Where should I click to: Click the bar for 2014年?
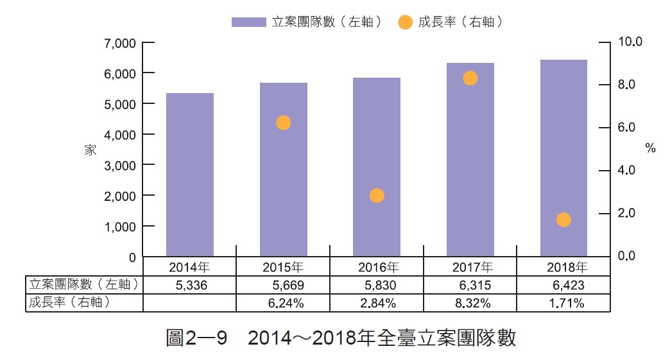click(x=190, y=175)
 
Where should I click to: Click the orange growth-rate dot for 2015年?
click(x=283, y=123)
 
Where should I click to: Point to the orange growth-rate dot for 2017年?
click(x=470, y=78)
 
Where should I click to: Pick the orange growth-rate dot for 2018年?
click(x=563, y=220)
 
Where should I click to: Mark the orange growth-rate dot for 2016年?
click(x=377, y=196)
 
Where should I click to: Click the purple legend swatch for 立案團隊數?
click(x=248, y=22)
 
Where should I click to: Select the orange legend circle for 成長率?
click(x=405, y=22)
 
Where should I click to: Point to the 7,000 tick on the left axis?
click(x=122, y=43)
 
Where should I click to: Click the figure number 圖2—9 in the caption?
click(x=196, y=338)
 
